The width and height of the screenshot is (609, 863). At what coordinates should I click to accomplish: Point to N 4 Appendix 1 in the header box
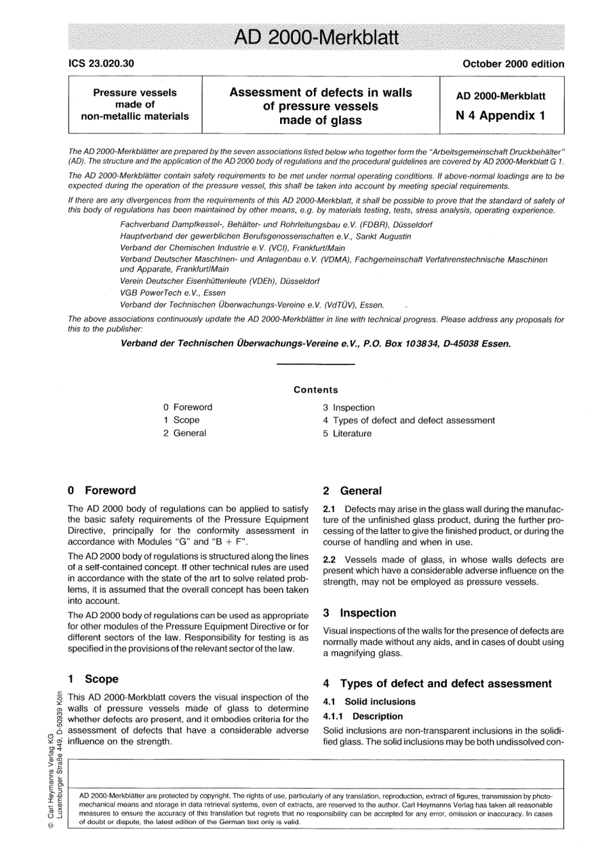pos(501,115)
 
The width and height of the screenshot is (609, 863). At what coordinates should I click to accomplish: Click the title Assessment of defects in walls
pos(321,92)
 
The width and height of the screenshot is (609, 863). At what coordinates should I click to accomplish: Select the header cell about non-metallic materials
pos(135,104)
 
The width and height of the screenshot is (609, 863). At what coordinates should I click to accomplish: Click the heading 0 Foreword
pos(102,490)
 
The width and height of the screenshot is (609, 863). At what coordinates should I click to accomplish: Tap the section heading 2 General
pos(352,491)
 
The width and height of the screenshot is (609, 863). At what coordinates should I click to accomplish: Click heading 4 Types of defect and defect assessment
pos(437,683)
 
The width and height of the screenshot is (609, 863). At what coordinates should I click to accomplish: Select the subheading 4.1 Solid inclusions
pos(369,701)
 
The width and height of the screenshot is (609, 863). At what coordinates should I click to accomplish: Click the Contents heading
pos(315,389)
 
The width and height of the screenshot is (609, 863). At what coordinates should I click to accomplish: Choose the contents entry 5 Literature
pos(347,433)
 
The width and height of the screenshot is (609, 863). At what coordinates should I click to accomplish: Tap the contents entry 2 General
pos(185,433)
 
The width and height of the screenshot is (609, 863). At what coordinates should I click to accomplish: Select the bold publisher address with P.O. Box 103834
pos(315,343)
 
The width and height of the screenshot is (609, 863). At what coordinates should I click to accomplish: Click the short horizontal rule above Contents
pos(315,365)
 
